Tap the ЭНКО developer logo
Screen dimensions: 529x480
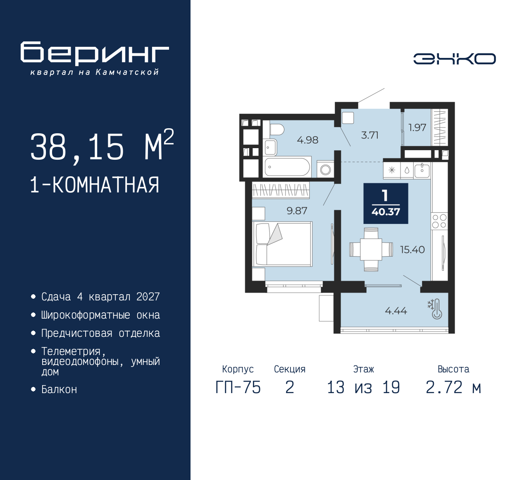pos(454,59)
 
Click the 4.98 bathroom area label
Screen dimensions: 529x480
pos(307,140)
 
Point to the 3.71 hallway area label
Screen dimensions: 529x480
pos(370,135)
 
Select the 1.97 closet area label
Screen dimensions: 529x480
pos(417,127)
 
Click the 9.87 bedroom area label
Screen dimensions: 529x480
pos(297,211)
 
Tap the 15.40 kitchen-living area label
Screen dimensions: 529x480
pos(412,250)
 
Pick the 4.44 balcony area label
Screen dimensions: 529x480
pos(396,311)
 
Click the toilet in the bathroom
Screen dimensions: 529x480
pos(276,130)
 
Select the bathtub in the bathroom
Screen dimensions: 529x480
pos(287,167)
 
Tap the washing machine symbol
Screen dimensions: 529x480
pos(325,170)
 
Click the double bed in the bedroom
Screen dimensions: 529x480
pos(282,244)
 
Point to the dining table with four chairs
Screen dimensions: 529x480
pos(371,250)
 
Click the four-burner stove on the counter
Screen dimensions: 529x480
pos(439,221)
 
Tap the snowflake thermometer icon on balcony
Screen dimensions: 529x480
pos(435,309)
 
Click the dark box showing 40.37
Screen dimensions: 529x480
pos(386,203)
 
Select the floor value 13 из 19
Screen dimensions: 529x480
pos(363,388)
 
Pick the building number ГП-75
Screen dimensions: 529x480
pos(238,388)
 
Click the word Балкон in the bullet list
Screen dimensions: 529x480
pos(59,390)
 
